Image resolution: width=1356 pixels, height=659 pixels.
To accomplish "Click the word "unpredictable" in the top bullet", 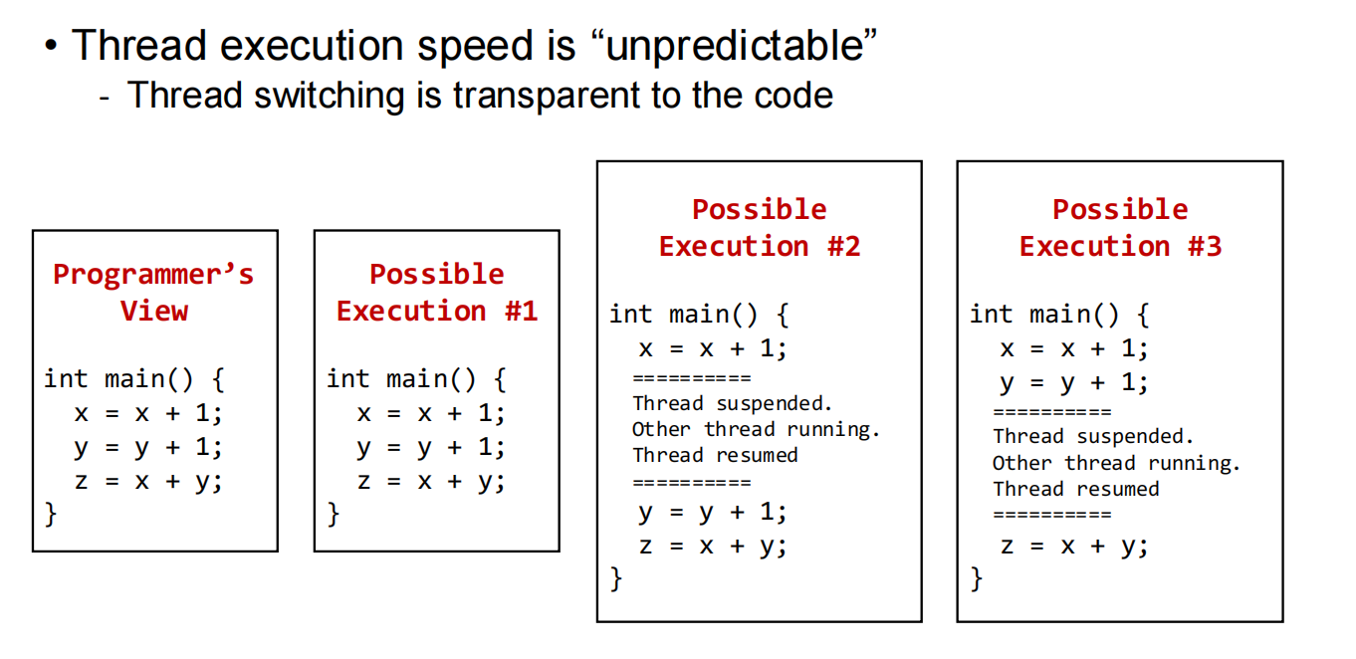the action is [x=735, y=46].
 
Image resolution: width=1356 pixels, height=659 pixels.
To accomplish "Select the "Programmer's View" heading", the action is [x=153, y=293].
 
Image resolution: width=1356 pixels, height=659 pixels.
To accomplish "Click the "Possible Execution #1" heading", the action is [x=437, y=293].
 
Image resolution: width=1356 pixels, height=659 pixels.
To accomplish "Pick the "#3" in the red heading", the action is [x=1205, y=247].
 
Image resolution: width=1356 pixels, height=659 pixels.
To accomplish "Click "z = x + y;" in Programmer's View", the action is [x=149, y=482].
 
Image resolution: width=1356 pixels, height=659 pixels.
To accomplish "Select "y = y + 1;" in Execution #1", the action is [x=431, y=448].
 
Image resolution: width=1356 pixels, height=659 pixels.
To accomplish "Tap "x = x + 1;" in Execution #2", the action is [x=713, y=348].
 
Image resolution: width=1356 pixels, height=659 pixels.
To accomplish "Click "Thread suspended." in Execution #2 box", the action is [x=733, y=403].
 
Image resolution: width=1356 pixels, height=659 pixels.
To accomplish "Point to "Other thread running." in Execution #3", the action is [x=1116, y=464].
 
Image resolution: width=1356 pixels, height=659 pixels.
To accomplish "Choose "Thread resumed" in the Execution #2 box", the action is [x=716, y=455].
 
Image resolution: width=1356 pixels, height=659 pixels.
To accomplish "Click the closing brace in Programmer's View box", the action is [x=51, y=515].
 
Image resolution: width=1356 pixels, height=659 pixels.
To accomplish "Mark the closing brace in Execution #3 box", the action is [x=977, y=579].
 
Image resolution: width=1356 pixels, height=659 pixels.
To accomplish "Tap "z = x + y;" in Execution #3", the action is [x=1074, y=547].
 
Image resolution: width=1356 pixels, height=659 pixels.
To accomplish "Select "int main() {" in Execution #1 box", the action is [x=416, y=379].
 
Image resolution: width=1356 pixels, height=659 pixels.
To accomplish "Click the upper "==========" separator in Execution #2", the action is [x=692, y=378].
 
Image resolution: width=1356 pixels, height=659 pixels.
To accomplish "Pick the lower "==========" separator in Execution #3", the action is [x=1052, y=515].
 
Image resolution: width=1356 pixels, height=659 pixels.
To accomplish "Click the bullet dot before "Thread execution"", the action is [x=52, y=46].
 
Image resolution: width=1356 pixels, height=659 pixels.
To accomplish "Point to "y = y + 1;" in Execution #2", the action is [x=713, y=513].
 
